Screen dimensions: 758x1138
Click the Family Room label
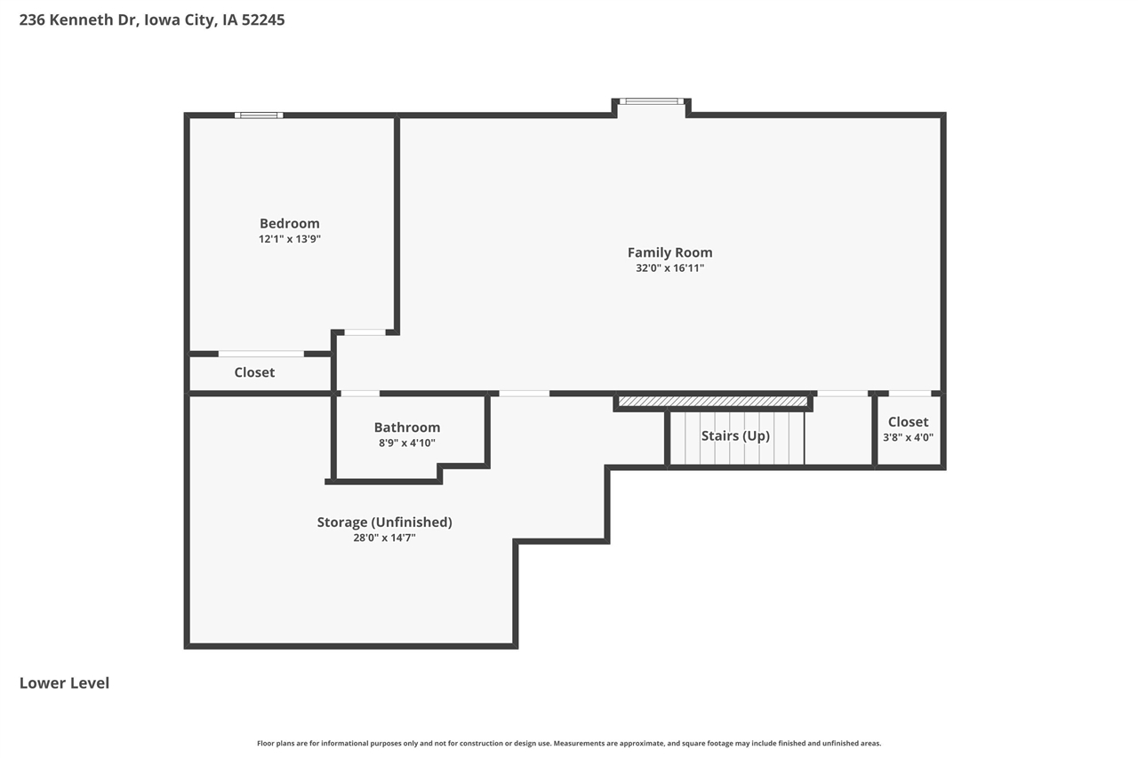(669, 252)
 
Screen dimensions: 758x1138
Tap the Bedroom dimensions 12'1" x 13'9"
(290, 239)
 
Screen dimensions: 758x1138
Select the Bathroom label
(406, 427)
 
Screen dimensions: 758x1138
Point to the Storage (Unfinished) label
(384, 522)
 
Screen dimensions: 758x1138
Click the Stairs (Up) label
(735, 435)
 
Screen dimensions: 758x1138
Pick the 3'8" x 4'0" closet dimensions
(908, 437)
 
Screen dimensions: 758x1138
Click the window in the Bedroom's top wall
(259, 115)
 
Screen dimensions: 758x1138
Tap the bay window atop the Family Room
(652, 101)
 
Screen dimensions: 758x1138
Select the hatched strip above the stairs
(713, 402)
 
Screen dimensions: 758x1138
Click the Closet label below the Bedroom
(254, 372)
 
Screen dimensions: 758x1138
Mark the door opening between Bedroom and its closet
(261, 354)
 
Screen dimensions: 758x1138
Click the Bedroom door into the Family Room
(365, 332)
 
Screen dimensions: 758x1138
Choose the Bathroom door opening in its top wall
(360, 393)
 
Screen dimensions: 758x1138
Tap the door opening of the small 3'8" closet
(910, 393)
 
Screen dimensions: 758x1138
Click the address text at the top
(152, 20)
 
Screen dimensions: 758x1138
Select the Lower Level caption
(64, 682)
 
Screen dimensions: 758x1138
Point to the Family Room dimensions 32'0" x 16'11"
(669, 267)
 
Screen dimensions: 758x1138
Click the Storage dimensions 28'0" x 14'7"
(384, 537)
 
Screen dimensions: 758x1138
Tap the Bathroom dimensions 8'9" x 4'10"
(406, 443)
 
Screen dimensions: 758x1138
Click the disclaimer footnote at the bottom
(569, 743)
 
